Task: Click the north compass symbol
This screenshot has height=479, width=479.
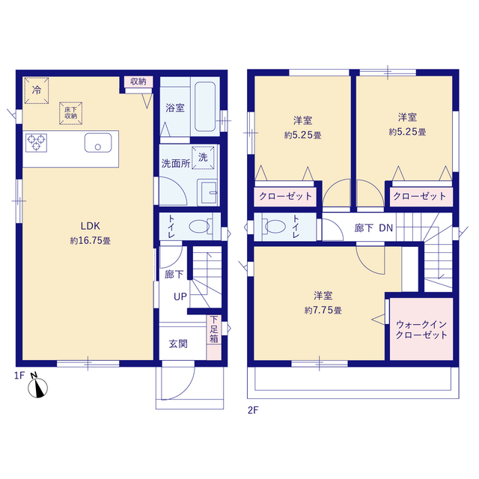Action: [x=37, y=387]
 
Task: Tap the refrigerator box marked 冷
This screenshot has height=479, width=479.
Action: [x=37, y=91]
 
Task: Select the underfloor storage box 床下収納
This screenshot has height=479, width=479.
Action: [x=70, y=113]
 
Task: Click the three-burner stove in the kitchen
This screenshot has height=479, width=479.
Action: [x=36, y=143]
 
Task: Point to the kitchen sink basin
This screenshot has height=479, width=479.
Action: [x=98, y=142]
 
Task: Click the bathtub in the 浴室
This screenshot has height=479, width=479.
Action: [x=205, y=106]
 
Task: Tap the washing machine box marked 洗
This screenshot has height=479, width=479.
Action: [x=203, y=158]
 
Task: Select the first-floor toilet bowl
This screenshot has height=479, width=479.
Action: [x=201, y=227]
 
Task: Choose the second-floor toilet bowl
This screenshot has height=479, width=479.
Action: [x=274, y=227]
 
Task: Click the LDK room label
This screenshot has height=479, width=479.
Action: [x=90, y=226]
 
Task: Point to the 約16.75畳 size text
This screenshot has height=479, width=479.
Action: [x=90, y=241]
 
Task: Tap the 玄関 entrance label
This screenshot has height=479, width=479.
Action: [x=178, y=344]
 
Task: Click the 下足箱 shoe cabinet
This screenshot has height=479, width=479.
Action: [x=214, y=338]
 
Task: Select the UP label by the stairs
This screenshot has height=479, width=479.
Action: [x=180, y=296]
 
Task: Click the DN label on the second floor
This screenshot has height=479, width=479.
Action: [x=386, y=228]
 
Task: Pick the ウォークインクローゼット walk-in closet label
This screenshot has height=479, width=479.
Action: [x=421, y=329]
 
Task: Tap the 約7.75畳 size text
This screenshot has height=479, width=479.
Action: [x=323, y=311]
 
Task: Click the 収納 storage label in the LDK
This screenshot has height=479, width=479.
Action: [x=138, y=82]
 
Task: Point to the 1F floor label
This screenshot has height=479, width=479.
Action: [x=19, y=376]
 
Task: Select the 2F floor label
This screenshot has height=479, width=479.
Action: [x=253, y=410]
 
